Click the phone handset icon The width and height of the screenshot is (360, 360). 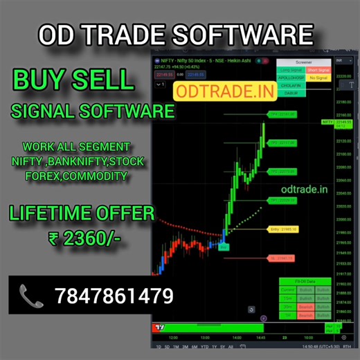coord(30,297)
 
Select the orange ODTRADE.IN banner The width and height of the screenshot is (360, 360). coord(215,90)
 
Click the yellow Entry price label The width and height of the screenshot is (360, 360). coord(285,228)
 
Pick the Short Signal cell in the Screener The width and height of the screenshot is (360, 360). coord(319,69)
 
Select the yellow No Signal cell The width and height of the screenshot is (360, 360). coord(319,78)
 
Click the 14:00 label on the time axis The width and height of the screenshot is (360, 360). coord(236,337)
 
